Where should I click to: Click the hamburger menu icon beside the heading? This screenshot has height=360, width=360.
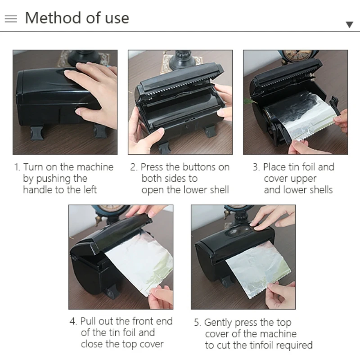[11, 19]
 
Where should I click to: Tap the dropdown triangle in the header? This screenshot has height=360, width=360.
[350, 24]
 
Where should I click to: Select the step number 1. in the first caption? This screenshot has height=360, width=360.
[17, 167]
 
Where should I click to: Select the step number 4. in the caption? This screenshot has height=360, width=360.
[73, 321]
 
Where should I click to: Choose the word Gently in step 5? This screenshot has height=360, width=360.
[218, 323]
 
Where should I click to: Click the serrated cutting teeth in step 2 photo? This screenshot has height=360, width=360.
[180, 89]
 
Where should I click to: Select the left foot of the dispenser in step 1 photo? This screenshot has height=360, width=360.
[37, 133]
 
